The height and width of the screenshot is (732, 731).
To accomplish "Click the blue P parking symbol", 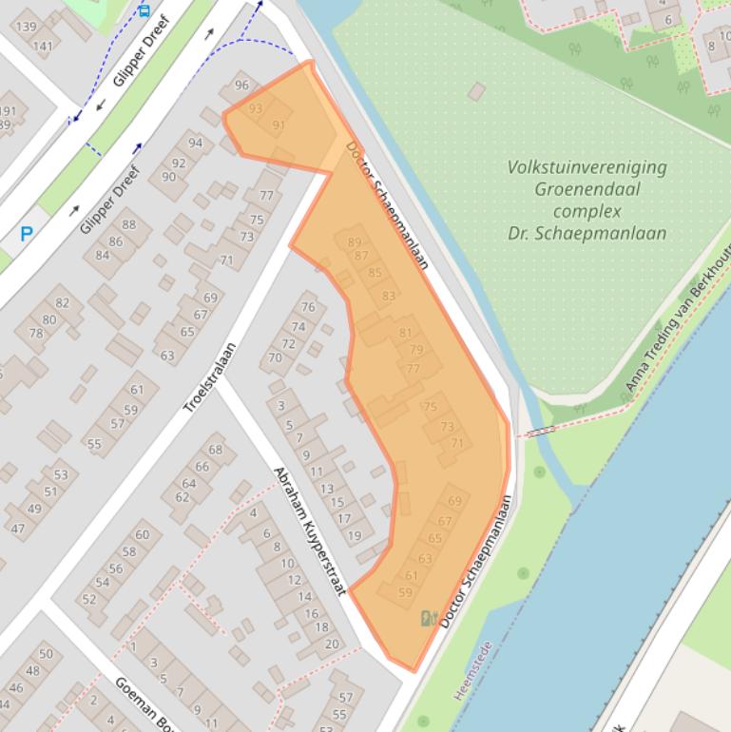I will pyautogui.click(x=27, y=233).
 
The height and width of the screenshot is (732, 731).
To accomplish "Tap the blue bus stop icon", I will pyautogui.click(x=144, y=10).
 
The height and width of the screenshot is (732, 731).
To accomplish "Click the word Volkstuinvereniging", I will pyautogui.click(x=587, y=167).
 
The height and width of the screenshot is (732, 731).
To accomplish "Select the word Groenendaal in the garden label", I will pyautogui.click(x=587, y=189).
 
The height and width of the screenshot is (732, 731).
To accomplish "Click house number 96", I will pyautogui.click(x=241, y=86).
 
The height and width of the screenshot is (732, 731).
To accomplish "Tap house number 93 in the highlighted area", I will pyautogui.click(x=255, y=109).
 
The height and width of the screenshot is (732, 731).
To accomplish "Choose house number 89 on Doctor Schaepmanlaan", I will pyautogui.click(x=355, y=242).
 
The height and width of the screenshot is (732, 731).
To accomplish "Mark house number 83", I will pyautogui.click(x=388, y=297).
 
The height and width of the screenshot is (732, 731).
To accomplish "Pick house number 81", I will pyautogui.click(x=406, y=333).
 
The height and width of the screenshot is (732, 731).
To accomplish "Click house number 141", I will pyautogui.click(x=43, y=45).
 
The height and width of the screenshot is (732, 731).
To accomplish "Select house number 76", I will pyautogui.click(x=307, y=307).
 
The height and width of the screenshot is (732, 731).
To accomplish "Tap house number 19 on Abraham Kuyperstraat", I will pyautogui.click(x=355, y=535).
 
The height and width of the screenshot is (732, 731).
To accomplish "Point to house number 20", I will pyautogui.click(x=331, y=644).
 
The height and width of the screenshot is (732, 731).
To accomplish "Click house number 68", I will pyautogui.click(x=216, y=450).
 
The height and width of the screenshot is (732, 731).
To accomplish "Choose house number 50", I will pyautogui.click(x=45, y=654).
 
